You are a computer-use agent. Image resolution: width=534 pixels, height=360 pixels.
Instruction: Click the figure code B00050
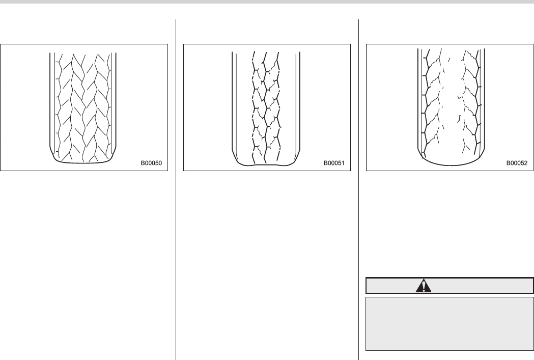coord(152,164)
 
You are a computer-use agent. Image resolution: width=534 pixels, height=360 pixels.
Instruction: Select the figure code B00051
coord(334,164)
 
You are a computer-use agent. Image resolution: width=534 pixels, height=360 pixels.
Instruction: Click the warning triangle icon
coord(423,286)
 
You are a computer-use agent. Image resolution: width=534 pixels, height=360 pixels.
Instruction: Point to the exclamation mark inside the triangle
coord(423,287)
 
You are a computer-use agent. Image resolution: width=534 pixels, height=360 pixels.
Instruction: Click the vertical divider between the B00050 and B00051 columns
coord(176,188)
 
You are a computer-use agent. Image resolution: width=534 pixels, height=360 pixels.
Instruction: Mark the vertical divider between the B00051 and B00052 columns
coord(359,188)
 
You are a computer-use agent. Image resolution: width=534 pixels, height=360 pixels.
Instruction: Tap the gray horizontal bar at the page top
coord(267,2)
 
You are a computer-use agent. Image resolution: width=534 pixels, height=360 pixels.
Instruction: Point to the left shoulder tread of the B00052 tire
coord(427,102)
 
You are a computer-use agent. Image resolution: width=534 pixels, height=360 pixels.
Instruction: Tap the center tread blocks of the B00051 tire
coord(266,102)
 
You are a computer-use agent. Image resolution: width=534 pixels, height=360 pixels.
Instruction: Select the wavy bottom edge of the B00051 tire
coord(266,165)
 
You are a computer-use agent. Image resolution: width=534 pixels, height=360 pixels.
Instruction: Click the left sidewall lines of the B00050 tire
coord(52,102)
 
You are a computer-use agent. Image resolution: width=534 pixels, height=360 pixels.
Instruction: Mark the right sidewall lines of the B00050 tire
coord(115,102)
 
